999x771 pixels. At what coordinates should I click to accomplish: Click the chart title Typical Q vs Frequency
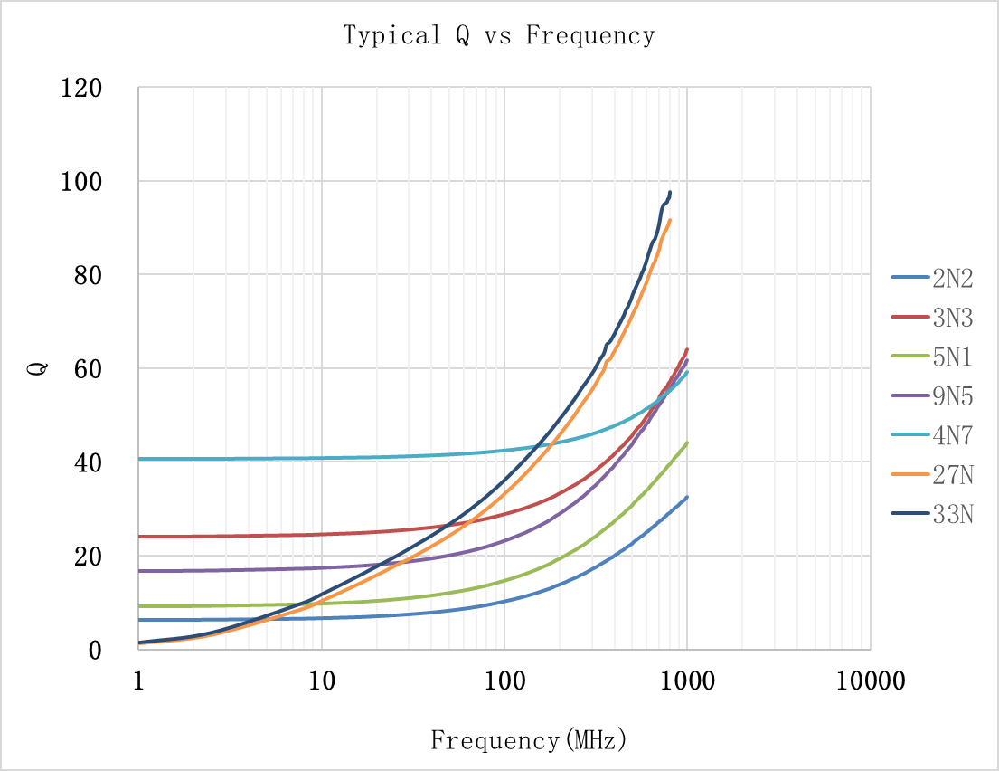click(498, 36)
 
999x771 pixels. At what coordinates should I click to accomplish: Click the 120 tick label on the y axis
click(80, 89)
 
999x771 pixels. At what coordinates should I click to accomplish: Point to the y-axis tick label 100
click(80, 182)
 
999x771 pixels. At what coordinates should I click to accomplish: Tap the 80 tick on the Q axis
click(87, 276)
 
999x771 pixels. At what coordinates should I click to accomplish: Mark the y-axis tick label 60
click(87, 369)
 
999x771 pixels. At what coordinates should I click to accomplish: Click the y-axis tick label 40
click(87, 463)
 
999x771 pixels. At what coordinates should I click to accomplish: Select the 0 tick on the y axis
click(94, 650)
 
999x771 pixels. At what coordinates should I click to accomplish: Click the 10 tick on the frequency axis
click(322, 681)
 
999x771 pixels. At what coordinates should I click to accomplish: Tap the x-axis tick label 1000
click(686, 681)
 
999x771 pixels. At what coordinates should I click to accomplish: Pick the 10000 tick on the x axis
click(869, 681)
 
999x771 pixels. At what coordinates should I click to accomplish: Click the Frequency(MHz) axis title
click(528, 740)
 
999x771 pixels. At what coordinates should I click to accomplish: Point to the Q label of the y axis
click(38, 368)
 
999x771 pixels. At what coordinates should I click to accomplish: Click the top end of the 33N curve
click(670, 192)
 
